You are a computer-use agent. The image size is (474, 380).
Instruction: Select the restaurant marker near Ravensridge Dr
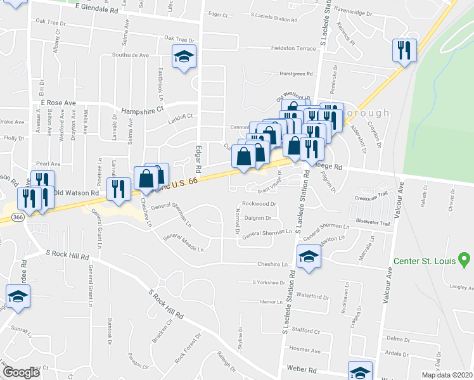(406, 49)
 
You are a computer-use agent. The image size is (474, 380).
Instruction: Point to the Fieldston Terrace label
(293, 48)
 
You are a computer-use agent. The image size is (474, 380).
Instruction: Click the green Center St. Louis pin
(464, 259)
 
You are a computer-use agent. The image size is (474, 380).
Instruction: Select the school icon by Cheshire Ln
(309, 256)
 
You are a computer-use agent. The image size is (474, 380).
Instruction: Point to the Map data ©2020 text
(446, 375)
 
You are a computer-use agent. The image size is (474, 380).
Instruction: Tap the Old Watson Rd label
(76, 193)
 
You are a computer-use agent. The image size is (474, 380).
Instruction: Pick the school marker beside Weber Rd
(360, 371)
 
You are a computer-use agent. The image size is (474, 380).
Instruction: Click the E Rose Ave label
(58, 103)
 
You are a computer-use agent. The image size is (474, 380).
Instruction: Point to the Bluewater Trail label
(371, 221)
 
